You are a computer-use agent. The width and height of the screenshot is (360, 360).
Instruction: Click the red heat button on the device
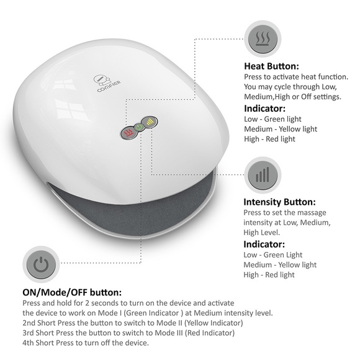[128, 133]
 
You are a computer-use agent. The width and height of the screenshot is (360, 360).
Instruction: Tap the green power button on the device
[138, 128]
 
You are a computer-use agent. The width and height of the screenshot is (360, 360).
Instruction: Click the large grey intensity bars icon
[263, 174]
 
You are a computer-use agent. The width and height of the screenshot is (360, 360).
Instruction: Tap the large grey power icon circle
[40, 265]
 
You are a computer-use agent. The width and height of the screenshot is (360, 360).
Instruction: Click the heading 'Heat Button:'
[271, 66]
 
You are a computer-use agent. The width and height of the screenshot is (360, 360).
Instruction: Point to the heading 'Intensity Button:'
[279, 202]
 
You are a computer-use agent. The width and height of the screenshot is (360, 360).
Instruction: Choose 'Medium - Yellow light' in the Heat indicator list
[281, 129]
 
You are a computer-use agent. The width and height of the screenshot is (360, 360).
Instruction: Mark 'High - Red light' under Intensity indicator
[269, 275]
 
